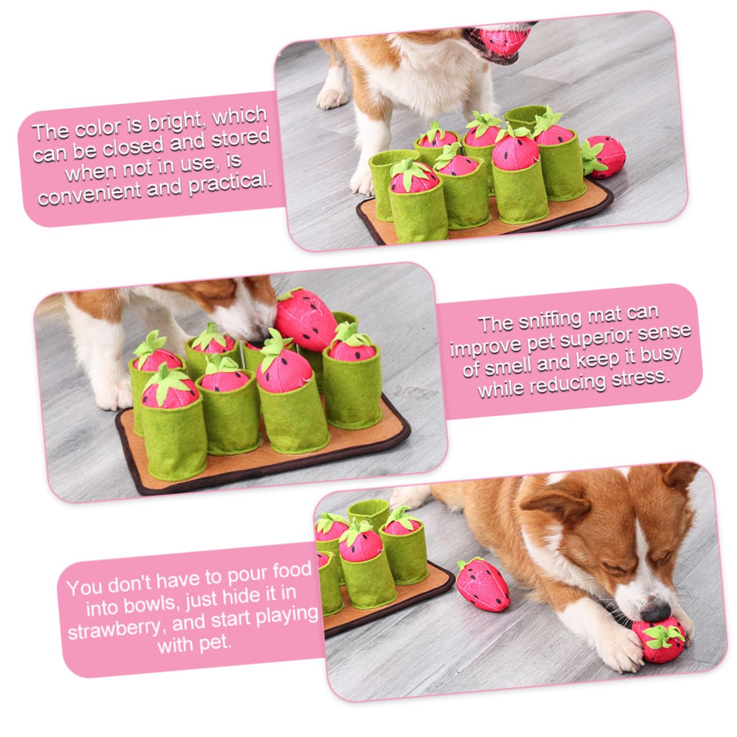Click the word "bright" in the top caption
click(x=177, y=123)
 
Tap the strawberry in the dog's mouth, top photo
click(x=504, y=40)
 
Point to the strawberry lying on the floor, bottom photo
click(x=482, y=585)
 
